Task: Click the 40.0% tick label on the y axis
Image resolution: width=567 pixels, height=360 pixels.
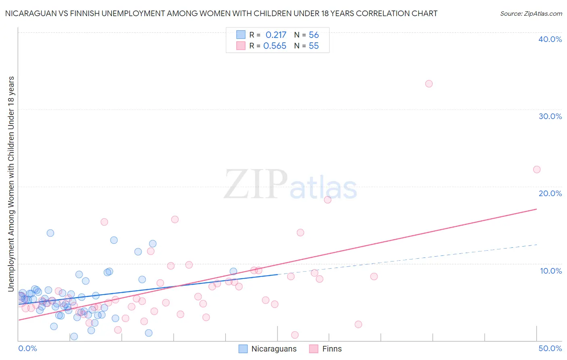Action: pos(550,39)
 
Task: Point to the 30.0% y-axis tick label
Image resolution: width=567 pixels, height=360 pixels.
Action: pos(550,116)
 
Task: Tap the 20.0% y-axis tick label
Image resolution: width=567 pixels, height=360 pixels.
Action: pos(550,193)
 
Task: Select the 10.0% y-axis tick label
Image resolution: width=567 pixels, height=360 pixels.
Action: pos(551,271)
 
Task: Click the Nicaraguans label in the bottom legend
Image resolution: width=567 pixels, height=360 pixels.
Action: pos(274,349)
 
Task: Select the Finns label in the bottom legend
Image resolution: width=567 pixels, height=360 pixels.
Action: pos(332,349)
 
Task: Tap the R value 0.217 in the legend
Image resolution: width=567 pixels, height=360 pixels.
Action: pos(276,35)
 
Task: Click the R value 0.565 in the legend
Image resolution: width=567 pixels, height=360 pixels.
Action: pos(275,46)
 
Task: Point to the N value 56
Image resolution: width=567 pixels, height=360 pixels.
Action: pos(314,35)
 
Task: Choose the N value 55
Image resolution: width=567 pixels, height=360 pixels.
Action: pos(314,46)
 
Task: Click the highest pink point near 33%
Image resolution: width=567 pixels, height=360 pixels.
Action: pos(429,84)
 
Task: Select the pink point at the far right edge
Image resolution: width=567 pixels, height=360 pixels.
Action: pos(537,170)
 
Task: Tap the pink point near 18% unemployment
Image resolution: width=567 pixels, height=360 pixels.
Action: pos(327,200)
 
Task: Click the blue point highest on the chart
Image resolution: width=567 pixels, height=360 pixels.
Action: pos(50,233)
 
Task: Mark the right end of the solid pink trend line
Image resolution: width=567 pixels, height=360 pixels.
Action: pos(536,209)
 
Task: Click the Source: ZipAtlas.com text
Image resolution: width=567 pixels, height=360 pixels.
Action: pos(531,14)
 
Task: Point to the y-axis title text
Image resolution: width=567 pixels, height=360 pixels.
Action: pos(11,184)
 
